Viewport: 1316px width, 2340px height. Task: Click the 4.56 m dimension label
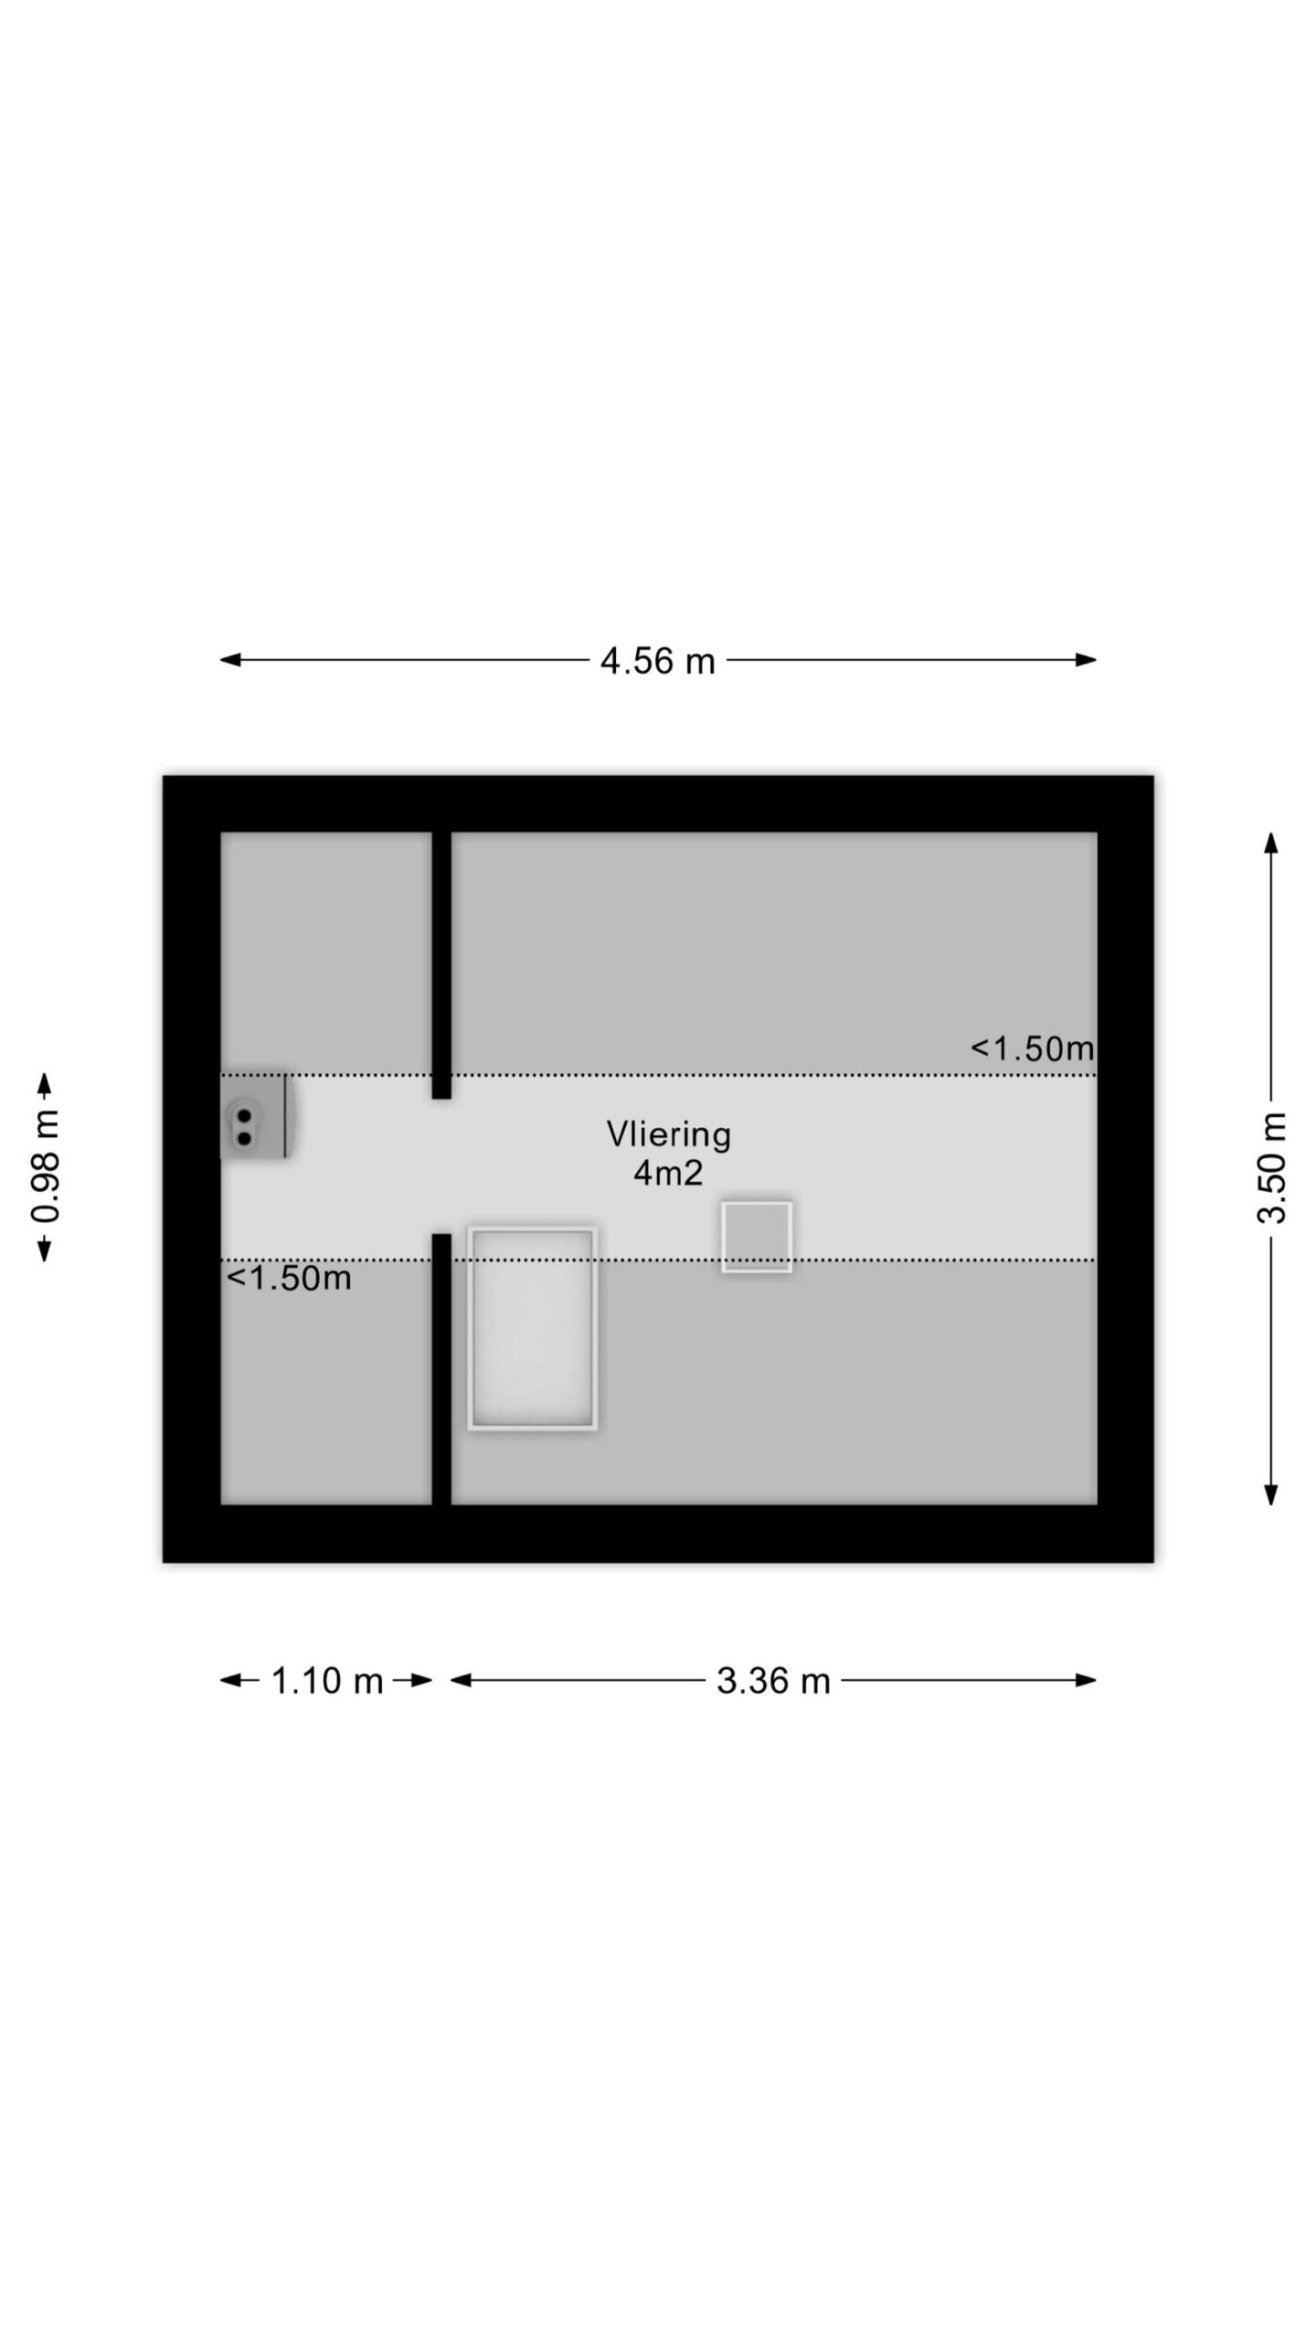click(x=657, y=661)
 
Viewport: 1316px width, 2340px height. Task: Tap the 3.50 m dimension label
click(x=1271, y=1167)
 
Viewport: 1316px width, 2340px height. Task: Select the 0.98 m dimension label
click(x=45, y=1166)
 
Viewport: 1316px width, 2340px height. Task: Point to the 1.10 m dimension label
click(x=327, y=1681)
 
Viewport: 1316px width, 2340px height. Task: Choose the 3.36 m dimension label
click(x=773, y=1681)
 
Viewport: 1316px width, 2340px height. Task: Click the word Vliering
click(x=669, y=1134)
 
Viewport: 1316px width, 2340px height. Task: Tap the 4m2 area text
click(x=668, y=1173)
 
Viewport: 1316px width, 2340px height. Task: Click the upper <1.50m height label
click(x=1032, y=1048)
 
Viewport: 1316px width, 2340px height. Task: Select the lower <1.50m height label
click(x=289, y=1278)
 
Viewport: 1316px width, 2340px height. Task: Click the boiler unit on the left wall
click(x=254, y=1115)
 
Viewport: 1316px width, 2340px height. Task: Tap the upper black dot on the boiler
click(x=244, y=1115)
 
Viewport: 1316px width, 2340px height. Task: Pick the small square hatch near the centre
click(x=757, y=1237)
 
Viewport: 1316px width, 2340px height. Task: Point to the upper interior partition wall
click(x=441, y=965)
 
